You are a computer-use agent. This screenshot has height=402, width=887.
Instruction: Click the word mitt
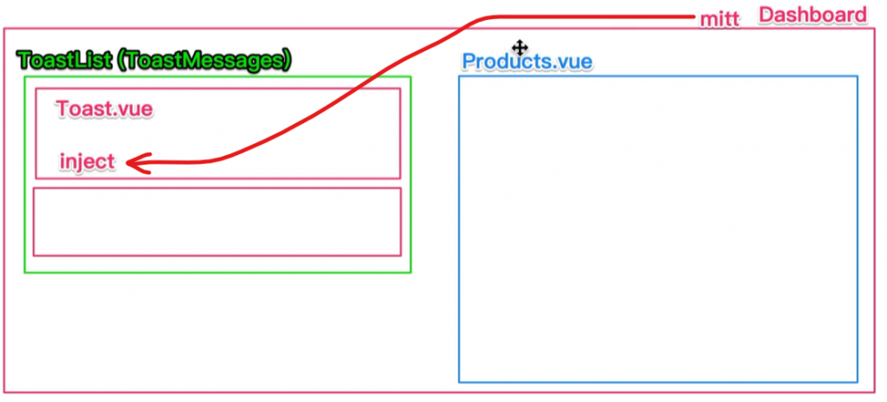720,18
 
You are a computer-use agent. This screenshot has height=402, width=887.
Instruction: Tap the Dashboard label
812,15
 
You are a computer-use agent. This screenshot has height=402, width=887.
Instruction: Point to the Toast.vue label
104,109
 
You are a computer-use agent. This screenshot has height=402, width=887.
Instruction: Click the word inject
87,161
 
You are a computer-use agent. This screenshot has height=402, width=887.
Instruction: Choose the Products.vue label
527,62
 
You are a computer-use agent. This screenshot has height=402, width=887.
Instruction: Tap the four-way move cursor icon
520,47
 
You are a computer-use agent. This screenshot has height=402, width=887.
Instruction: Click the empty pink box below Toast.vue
217,222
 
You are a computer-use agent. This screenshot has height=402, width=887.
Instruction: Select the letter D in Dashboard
766,15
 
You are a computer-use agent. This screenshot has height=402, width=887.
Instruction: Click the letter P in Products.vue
469,62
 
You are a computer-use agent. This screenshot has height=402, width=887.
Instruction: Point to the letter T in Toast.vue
62,109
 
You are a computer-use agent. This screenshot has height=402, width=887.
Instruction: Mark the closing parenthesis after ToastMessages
287,60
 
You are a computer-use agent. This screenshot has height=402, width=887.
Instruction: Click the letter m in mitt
709,19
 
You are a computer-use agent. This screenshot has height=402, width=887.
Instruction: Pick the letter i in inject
62,161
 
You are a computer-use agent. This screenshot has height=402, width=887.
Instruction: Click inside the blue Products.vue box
658,230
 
